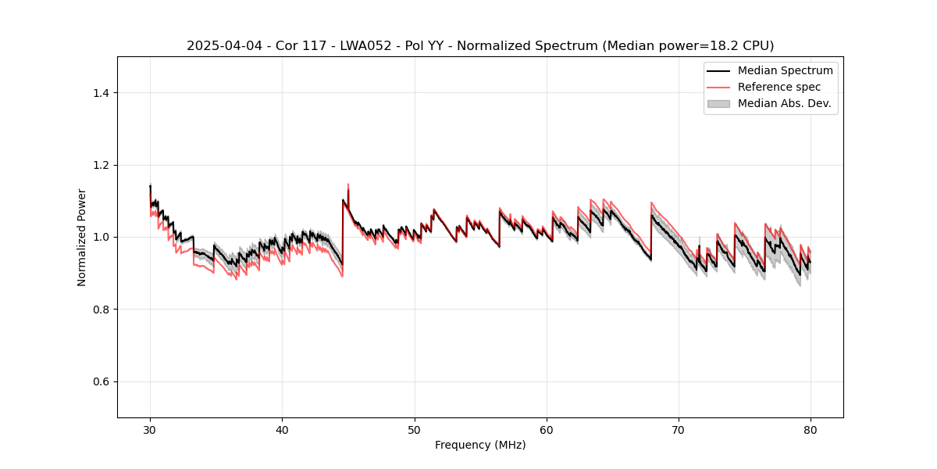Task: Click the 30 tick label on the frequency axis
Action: (x=150, y=429)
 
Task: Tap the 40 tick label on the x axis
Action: (x=282, y=429)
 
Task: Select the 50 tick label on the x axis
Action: (x=414, y=429)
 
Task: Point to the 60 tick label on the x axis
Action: (x=547, y=429)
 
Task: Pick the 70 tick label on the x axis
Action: (x=679, y=429)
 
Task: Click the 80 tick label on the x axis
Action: (x=811, y=429)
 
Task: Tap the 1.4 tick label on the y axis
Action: (x=100, y=93)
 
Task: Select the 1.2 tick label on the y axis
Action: (x=100, y=165)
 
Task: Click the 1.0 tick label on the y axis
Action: (x=100, y=237)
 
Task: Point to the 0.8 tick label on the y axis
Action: (x=100, y=310)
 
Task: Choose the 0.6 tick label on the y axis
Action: (x=100, y=381)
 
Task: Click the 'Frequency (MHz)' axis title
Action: (x=480, y=445)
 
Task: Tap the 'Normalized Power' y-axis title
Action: (x=82, y=237)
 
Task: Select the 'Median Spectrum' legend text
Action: (x=785, y=70)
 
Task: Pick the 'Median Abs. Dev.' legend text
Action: (x=785, y=103)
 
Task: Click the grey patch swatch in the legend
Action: (x=718, y=103)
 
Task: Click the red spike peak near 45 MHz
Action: (x=348, y=184)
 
